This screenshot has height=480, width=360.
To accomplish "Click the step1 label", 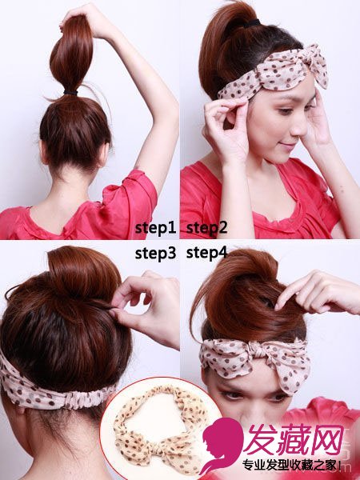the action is [x=155, y=228].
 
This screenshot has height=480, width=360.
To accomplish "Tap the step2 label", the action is [x=206, y=228].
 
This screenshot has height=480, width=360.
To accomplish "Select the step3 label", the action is [x=155, y=254].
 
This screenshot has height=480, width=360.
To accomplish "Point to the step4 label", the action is [x=206, y=254].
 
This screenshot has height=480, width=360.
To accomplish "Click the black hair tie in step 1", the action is [x=70, y=93].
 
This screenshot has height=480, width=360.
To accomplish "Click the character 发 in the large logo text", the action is [x=262, y=439].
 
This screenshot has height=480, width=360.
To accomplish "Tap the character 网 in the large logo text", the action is [x=326, y=439].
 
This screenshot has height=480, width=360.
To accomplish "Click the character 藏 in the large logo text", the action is [x=294, y=439].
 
